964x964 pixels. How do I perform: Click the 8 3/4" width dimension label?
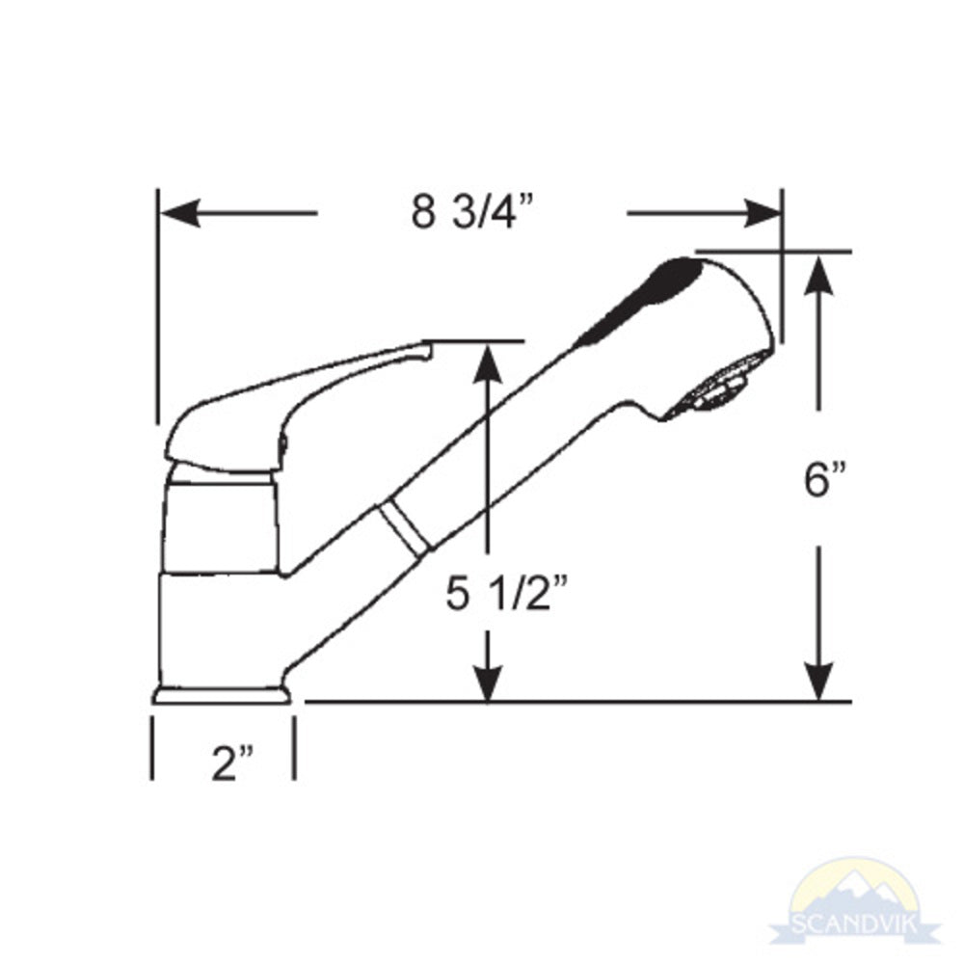(x=471, y=213)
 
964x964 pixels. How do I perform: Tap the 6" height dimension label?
(x=826, y=479)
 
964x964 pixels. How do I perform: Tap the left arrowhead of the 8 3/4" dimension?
(x=179, y=213)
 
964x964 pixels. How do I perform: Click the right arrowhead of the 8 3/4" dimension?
(x=761, y=213)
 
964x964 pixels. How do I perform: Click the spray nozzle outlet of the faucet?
(x=715, y=390)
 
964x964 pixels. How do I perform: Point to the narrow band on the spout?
(x=403, y=527)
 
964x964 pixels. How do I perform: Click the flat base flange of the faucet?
(x=222, y=694)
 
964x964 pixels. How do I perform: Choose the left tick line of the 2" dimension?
(x=152, y=748)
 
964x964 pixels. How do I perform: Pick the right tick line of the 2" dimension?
(x=293, y=748)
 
